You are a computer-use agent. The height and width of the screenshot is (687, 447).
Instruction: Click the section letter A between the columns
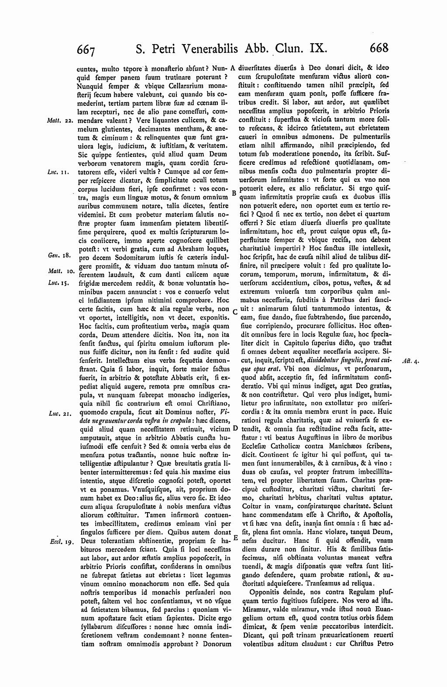click(233, 68)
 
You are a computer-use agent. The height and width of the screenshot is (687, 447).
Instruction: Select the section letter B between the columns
click(234, 192)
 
